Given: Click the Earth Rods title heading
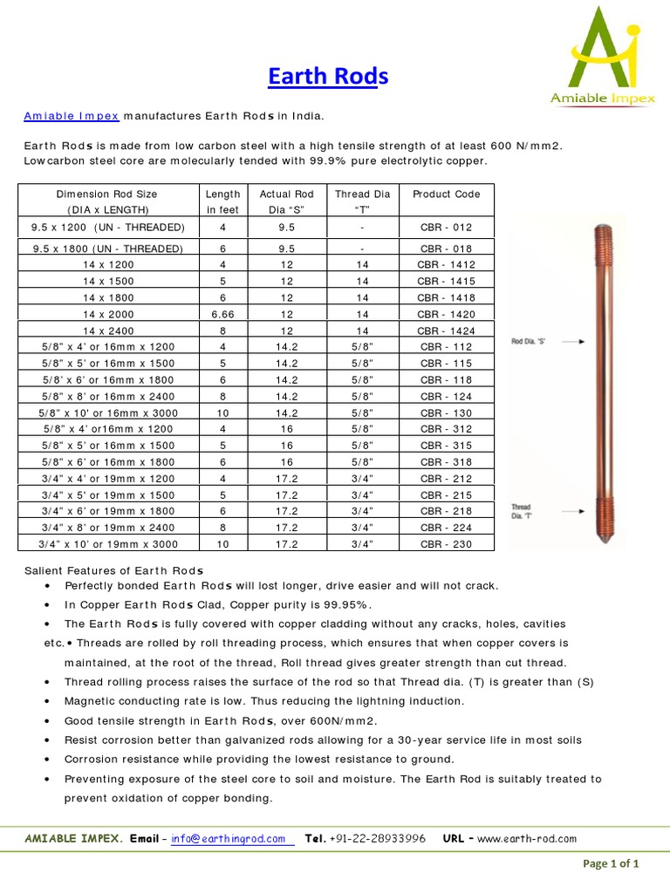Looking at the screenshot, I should tap(327, 78).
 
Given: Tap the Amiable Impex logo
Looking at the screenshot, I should tap(603, 56).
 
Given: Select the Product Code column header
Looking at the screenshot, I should tap(446, 194).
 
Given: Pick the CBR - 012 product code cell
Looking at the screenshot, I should tap(446, 227).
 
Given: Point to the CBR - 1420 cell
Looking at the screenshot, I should tap(446, 314).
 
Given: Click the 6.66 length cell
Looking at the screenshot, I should tap(222, 314).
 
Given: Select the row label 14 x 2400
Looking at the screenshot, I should tap(108, 331).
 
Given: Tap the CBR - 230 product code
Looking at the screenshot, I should tap(446, 544).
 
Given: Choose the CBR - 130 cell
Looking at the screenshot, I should tap(446, 412).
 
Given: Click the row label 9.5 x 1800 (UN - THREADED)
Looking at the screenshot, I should tap(108, 249).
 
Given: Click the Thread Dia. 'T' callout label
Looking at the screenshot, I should tap(522, 511).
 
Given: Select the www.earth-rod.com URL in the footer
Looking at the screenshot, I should tap(526, 839).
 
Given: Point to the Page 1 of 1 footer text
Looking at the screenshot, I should tap(611, 864).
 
